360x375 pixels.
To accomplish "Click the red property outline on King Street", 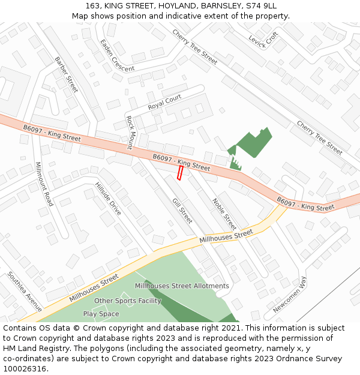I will pyautogui.click(x=179, y=173).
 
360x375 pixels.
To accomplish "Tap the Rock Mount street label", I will pyautogui.click(x=129, y=133).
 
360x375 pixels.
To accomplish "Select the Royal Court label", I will pyautogui.click(x=164, y=102).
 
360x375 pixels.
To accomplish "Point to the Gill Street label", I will pyautogui.click(x=182, y=211).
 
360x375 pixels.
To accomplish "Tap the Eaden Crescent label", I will pyautogui.click(x=117, y=56).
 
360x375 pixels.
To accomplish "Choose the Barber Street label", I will pyautogui.click(x=66, y=75).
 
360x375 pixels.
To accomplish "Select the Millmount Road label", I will pyautogui.click(x=44, y=184).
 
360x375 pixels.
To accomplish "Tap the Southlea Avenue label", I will pyautogui.click(x=25, y=292).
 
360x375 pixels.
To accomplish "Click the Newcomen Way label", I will pyautogui.click(x=290, y=295).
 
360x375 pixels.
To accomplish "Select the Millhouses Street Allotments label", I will pyautogui.click(x=182, y=286).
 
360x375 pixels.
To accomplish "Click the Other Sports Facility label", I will pyautogui.click(x=128, y=301).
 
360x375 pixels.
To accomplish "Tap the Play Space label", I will pyautogui.click(x=101, y=314).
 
